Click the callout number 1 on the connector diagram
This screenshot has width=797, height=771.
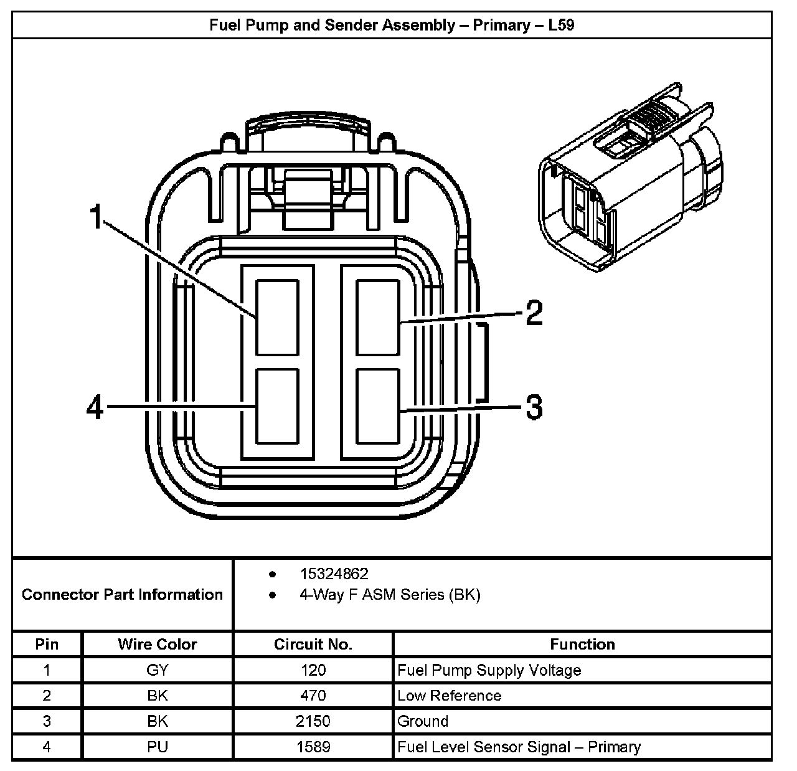pyautogui.click(x=95, y=217)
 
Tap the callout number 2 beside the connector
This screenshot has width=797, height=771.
pyautogui.click(x=534, y=313)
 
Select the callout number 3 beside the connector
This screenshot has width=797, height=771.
pyautogui.click(x=534, y=408)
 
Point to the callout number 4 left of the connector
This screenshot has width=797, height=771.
pyautogui.click(x=95, y=408)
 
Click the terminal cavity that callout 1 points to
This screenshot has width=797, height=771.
pyautogui.click(x=278, y=317)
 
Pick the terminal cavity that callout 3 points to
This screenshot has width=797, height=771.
pyautogui.click(x=377, y=406)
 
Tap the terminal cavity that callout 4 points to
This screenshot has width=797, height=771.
pyautogui.click(x=278, y=406)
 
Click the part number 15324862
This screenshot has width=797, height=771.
pyautogui.click(x=334, y=574)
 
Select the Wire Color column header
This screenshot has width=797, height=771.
pyautogui.click(x=158, y=644)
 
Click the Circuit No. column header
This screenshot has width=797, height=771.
pyautogui.click(x=313, y=644)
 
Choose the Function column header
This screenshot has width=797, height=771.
pyautogui.click(x=582, y=644)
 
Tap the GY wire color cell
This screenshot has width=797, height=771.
pyautogui.click(x=158, y=670)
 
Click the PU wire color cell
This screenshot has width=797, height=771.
pyautogui.click(x=158, y=747)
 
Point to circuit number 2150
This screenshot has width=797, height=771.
pyautogui.click(x=313, y=721)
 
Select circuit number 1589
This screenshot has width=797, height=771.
pyautogui.click(x=313, y=747)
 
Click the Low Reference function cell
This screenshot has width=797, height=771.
pyautogui.click(x=449, y=696)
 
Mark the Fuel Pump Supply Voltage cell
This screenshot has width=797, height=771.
pyautogui.click(x=489, y=670)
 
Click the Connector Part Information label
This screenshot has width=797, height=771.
pyautogui.click(x=122, y=594)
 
